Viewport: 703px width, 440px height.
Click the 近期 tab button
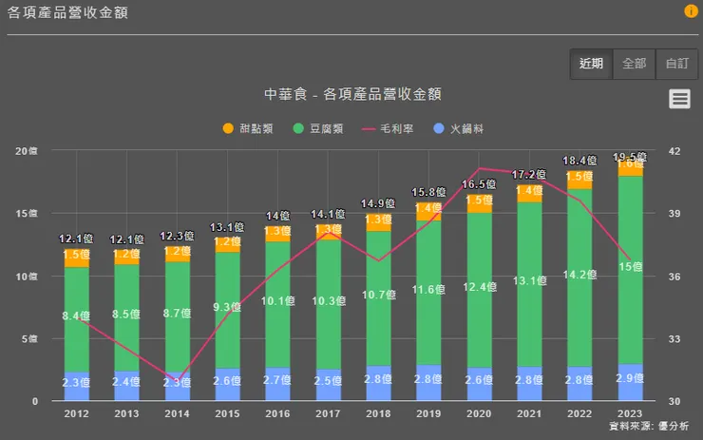pos(591,64)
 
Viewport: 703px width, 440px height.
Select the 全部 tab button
pos(634,64)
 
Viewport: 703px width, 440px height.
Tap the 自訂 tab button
pos(676,64)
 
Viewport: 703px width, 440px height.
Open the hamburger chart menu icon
pos(678,99)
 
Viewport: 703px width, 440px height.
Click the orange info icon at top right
pos(691,11)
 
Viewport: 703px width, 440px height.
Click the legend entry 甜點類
pos(250,127)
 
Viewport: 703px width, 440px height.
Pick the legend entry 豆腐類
pos(321,127)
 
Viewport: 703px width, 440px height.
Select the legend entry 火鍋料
pos(459,127)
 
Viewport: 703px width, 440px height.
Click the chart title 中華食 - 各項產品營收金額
pos(351,94)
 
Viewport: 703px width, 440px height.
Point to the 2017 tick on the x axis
pos(328,414)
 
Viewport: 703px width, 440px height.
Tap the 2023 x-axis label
pos(630,414)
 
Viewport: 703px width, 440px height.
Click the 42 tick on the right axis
pos(675,151)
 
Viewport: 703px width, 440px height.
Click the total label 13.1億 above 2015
pos(227,227)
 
